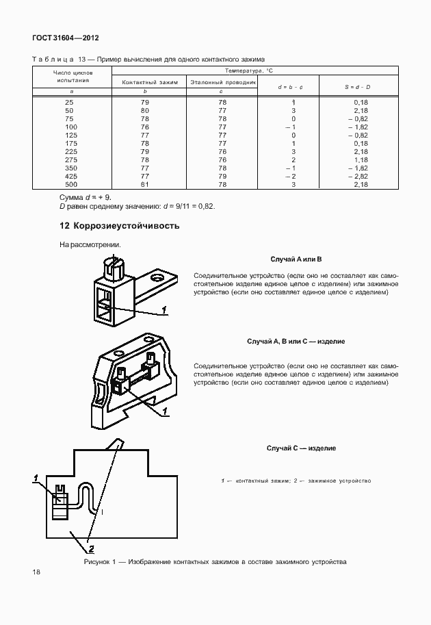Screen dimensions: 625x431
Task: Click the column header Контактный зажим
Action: click(150, 81)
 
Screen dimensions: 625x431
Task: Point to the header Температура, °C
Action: click(254, 71)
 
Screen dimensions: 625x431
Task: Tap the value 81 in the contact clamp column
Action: click(144, 184)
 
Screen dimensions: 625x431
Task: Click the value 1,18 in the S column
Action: click(361, 160)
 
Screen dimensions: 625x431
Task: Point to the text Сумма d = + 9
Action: click(86, 197)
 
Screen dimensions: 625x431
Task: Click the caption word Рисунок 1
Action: click(101, 562)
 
